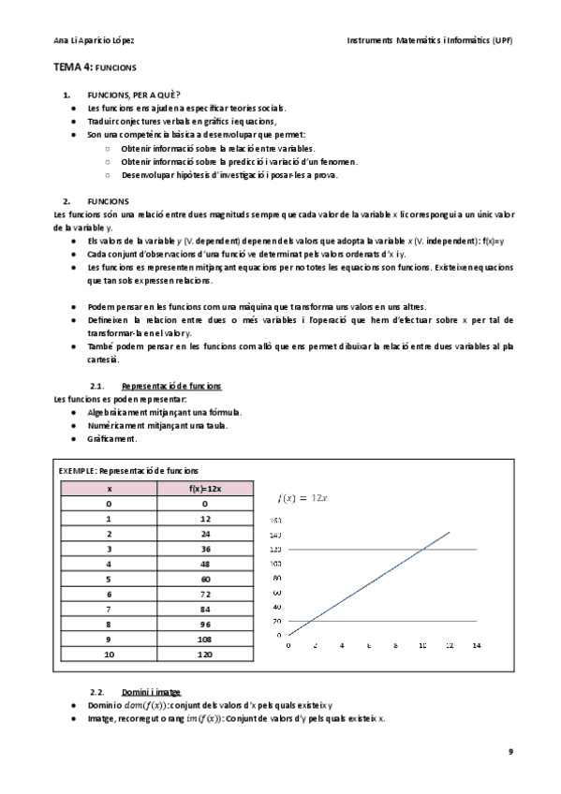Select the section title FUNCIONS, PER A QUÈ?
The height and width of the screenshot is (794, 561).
pyautogui.click(x=134, y=96)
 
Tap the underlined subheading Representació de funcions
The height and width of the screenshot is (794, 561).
pyautogui.click(x=171, y=386)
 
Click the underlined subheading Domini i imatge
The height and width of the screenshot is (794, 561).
pyautogui.click(x=155, y=692)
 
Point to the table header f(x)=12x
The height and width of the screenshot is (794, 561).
pyautogui.click(x=203, y=488)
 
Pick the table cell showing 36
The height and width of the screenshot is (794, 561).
pyautogui.click(x=203, y=548)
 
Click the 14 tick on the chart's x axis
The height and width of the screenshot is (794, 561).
pyautogui.click(x=476, y=645)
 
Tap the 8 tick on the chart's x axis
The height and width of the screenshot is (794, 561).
pyautogui.click(x=396, y=645)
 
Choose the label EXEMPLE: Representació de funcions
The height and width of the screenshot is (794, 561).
pyautogui.click(x=128, y=470)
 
